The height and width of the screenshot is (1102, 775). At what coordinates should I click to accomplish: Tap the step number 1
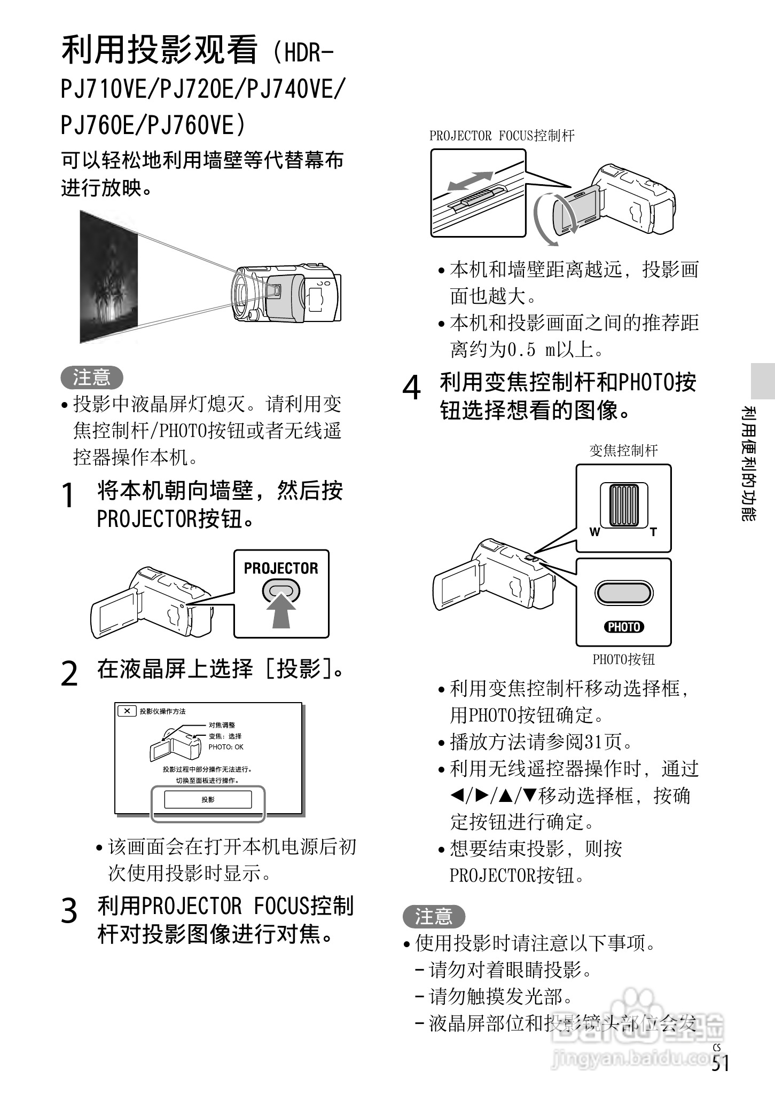pos(68,495)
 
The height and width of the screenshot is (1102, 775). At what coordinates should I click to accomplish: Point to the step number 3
pos(69,911)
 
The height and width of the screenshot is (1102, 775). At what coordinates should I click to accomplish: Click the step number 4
pos(411,388)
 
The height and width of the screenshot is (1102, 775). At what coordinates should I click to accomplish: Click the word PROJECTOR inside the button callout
pos(281,568)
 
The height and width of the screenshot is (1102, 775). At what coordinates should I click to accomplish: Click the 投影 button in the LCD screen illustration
pos(208,799)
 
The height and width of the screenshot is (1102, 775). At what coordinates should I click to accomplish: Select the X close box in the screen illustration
pos(127,711)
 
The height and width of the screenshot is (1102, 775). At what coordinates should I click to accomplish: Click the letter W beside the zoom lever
pos(594,532)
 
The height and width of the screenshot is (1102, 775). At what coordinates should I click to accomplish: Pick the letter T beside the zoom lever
pos(653,532)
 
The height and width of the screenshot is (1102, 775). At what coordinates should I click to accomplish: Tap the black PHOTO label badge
pos(624,627)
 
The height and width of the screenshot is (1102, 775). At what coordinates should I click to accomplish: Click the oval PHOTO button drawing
pos(624,593)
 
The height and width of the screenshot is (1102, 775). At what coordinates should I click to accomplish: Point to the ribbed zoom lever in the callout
pos(624,505)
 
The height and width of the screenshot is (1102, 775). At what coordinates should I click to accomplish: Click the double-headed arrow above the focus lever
pos(470,180)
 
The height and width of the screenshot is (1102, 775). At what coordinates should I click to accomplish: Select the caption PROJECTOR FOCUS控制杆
pos(502,136)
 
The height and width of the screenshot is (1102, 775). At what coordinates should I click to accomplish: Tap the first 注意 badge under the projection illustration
pos(92,377)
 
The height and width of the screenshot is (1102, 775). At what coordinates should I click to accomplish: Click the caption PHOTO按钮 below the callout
pos(623,659)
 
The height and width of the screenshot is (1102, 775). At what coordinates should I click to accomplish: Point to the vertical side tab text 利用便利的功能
pos(749,463)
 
